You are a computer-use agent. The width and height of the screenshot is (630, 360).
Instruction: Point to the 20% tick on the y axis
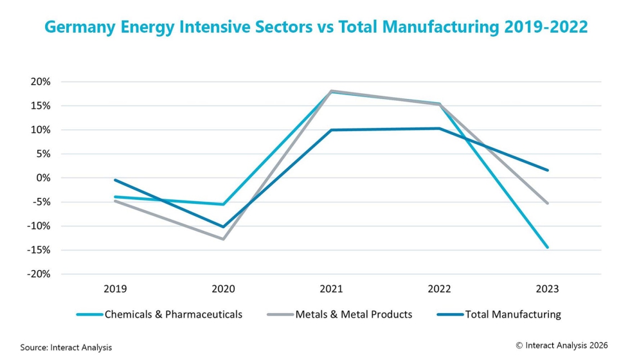[x=40, y=82]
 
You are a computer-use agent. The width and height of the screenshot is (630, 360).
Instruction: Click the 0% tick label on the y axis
[x=42, y=178]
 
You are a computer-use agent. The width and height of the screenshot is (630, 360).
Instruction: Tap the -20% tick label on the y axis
[x=38, y=274]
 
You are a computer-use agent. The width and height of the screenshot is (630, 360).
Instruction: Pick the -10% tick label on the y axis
[x=38, y=226]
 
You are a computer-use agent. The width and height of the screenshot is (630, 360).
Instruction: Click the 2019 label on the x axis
[x=116, y=289]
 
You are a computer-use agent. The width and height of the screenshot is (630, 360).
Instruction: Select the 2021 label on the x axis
[x=331, y=289]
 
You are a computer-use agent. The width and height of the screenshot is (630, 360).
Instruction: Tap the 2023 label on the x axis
[x=547, y=289]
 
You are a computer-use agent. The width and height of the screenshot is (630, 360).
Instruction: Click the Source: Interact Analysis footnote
[x=66, y=347]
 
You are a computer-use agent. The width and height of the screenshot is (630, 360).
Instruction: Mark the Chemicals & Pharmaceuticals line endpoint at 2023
[x=548, y=247]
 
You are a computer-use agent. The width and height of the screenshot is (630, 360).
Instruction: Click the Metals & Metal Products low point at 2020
[x=224, y=239]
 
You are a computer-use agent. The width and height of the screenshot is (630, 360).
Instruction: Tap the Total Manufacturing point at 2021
[x=332, y=130]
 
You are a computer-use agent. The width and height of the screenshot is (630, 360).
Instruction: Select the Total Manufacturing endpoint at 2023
[x=548, y=170]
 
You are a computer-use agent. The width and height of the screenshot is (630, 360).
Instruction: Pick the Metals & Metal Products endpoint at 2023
[x=548, y=203]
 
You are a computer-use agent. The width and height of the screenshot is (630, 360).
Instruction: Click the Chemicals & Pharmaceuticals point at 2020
[x=224, y=204]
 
